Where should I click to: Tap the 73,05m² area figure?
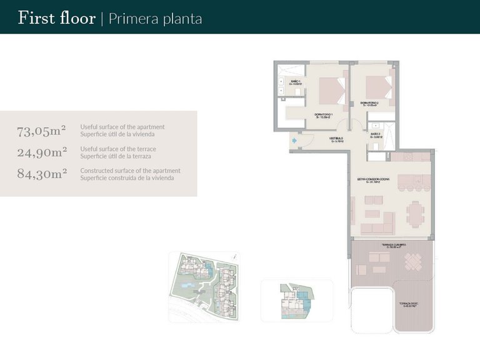click(x=42, y=131)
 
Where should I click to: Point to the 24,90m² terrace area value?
click(x=42, y=152)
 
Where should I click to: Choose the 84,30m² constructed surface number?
click(x=42, y=174)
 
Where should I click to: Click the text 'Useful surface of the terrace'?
click(x=118, y=149)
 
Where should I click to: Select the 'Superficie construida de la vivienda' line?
click(x=127, y=178)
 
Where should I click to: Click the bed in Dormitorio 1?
click(x=332, y=91)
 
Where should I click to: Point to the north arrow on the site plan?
click(x=233, y=256)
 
